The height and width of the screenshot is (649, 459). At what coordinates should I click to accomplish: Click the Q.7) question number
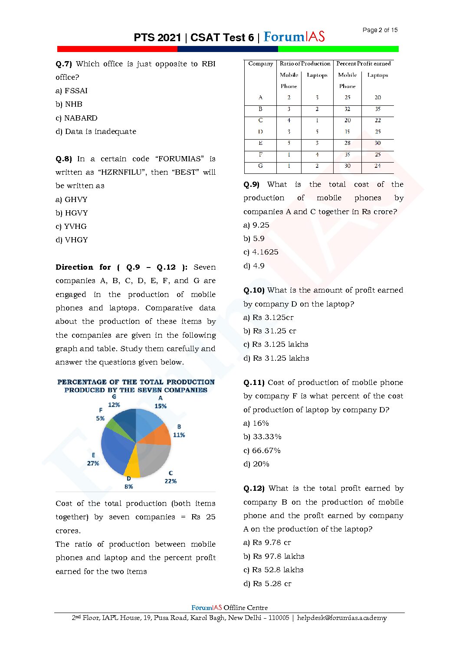pyautogui.click(x=64, y=64)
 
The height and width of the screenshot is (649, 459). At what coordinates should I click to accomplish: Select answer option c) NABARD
pyautogui.click(x=76, y=118)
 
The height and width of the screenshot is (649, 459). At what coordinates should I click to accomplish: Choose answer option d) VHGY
pyautogui.click(x=72, y=240)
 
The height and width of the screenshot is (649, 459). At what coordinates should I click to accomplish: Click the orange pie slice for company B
pyautogui.click(x=159, y=435)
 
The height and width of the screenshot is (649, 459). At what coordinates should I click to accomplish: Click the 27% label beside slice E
pyautogui.click(x=93, y=463)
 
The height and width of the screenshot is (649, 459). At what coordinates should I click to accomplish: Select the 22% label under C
pyautogui.click(x=170, y=481)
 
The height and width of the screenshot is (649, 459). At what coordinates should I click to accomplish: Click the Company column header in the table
pyautogui.click(x=260, y=64)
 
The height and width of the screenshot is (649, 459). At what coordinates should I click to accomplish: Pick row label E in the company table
pyautogui.click(x=260, y=143)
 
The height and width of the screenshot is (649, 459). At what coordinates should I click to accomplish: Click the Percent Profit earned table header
pyautogui.click(x=363, y=64)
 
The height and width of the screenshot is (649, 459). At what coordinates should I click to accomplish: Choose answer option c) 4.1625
pyautogui.click(x=261, y=252)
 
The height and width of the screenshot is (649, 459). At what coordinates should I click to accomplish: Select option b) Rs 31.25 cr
pyautogui.click(x=270, y=331)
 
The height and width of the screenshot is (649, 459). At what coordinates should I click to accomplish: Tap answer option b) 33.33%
pyautogui.click(x=262, y=437)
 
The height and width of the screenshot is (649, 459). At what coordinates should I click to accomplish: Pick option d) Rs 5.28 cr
pyautogui.click(x=267, y=583)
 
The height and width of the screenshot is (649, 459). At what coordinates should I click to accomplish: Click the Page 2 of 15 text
pyautogui.click(x=380, y=30)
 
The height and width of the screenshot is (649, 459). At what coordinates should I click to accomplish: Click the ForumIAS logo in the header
pyautogui.click(x=294, y=37)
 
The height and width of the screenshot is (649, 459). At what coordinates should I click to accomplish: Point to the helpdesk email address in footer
pyautogui.click(x=342, y=618)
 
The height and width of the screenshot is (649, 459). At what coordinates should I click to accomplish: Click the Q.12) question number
pyautogui.click(x=254, y=489)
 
